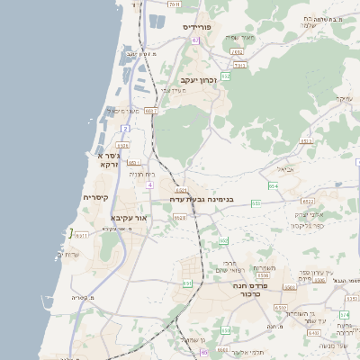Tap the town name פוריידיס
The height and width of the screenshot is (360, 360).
tap(197, 27)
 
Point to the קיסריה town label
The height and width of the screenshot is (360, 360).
tap(95, 197)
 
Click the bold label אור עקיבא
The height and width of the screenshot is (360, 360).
tap(129, 218)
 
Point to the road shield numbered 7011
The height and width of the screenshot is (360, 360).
tap(174, 4)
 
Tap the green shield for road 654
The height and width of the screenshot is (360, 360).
tap(273, 185)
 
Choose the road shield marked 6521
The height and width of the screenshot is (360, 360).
tap(181, 191)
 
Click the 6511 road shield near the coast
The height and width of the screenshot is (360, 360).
tap(82, 235)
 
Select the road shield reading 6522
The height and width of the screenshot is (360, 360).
tap(309, 202)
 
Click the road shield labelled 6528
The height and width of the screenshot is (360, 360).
tap(179, 217)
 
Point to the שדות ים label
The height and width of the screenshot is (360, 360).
tap(67, 256)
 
